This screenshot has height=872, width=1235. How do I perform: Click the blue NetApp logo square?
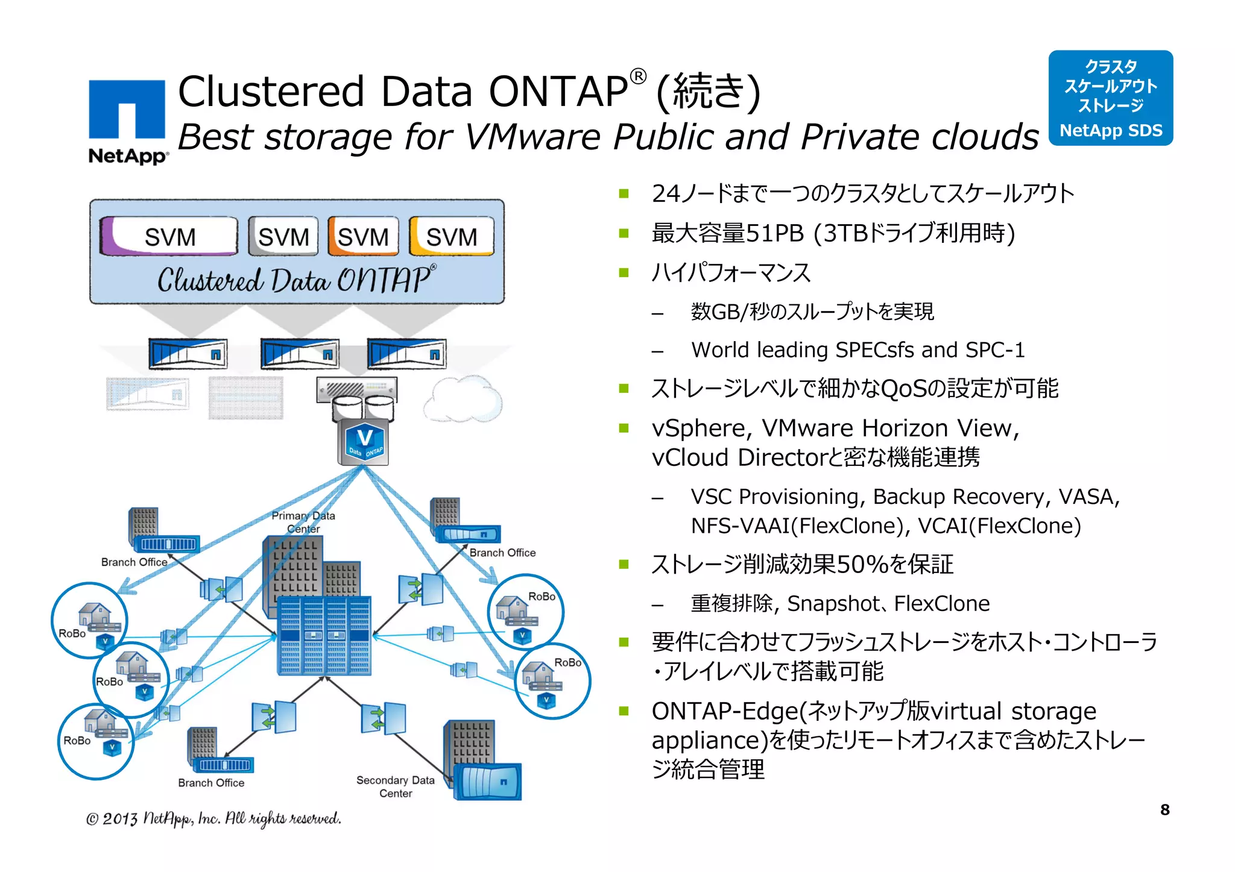(127, 110)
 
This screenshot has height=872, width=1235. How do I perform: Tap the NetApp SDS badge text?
(1111, 131)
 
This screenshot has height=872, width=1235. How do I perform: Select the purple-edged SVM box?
(169, 236)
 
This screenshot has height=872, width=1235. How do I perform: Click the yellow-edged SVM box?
(452, 236)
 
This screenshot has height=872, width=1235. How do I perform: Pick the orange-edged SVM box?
(363, 236)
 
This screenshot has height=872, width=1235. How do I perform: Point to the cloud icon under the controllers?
(463, 399)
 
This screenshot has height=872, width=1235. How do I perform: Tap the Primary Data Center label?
(303, 522)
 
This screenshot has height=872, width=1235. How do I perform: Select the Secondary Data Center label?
(396, 786)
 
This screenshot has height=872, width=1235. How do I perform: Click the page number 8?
(1164, 810)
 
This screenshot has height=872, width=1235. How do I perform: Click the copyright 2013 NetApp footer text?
(213, 818)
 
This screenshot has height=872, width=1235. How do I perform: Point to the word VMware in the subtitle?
(532, 137)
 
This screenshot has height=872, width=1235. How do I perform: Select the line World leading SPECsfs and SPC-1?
(858, 350)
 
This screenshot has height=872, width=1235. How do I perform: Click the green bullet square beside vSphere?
(624, 428)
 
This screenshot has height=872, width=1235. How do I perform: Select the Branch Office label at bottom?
(211, 783)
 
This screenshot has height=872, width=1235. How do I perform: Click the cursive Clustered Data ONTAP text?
(295, 280)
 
